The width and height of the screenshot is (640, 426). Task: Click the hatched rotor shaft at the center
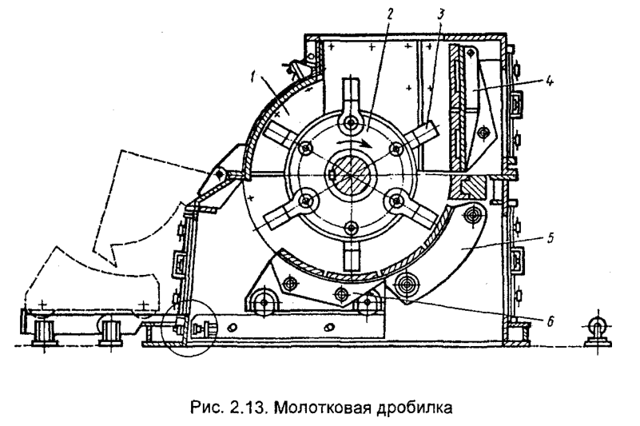348,173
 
